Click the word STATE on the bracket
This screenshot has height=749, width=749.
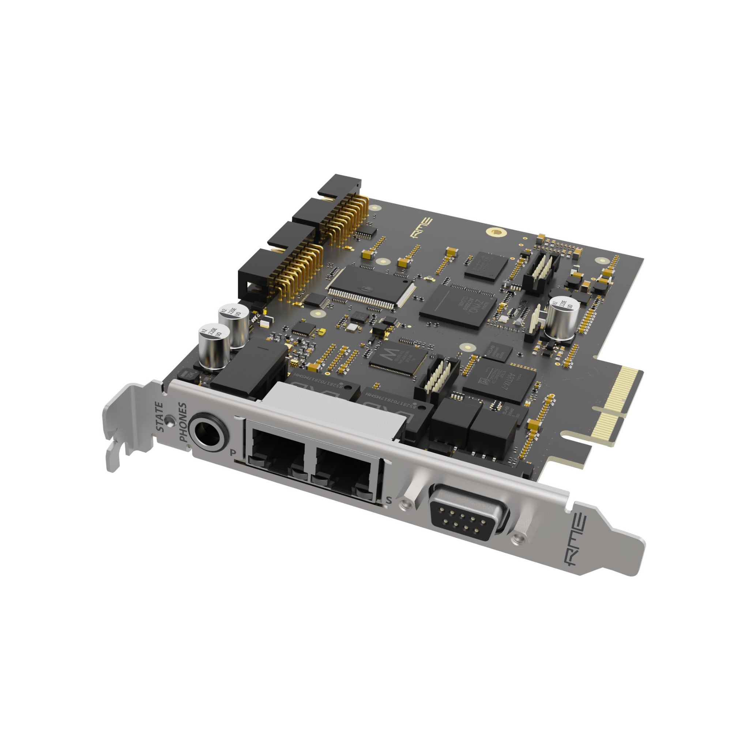click(159, 417)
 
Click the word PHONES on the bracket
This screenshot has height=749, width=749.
click(183, 422)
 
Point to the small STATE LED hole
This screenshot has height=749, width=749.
click(169, 419)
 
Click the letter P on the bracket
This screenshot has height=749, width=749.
click(233, 452)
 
